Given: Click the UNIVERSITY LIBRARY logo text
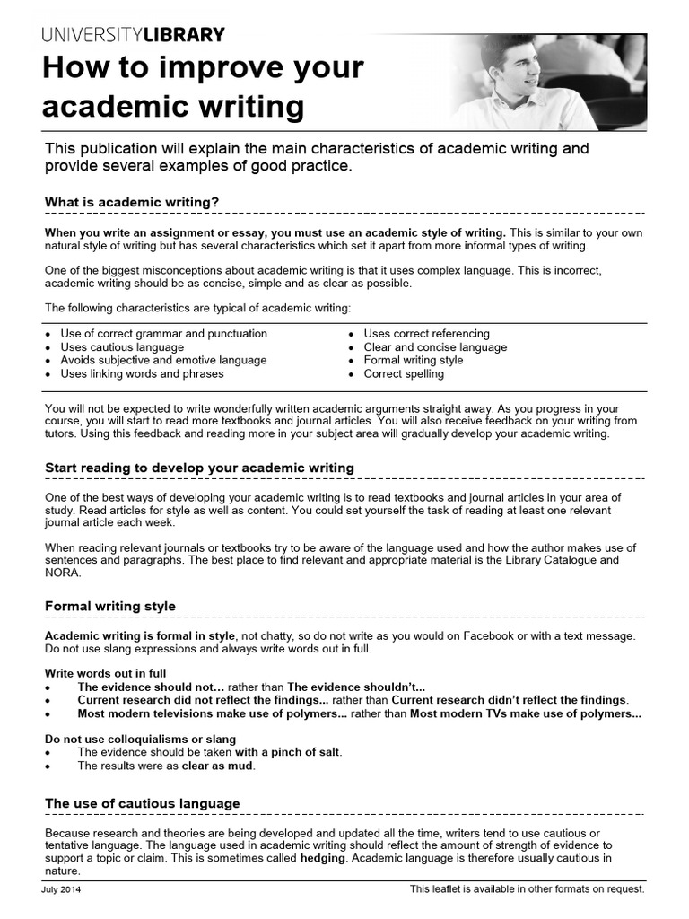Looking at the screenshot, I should click(x=133, y=35).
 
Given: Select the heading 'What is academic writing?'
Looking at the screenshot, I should click(x=132, y=202).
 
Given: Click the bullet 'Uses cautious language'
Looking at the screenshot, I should click(x=122, y=347).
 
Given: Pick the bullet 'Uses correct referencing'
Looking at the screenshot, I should click(x=426, y=334).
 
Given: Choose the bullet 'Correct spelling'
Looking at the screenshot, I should click(x=404, y=374).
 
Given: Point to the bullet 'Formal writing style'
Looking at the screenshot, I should click(x=414, y=361).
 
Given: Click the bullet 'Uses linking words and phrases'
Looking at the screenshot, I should click(x=142, y=374).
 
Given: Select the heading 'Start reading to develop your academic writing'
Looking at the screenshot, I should click(x=199, y=468).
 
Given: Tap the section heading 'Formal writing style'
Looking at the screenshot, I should click(x=110, y=607).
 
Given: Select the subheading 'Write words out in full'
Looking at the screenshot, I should click(x=106, y=673).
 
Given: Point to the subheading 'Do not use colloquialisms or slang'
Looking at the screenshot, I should click(x=140, y=740).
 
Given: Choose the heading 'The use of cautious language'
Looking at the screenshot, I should click(x=143, y=803).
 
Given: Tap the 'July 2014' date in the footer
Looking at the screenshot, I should click(x=62, y=889).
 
